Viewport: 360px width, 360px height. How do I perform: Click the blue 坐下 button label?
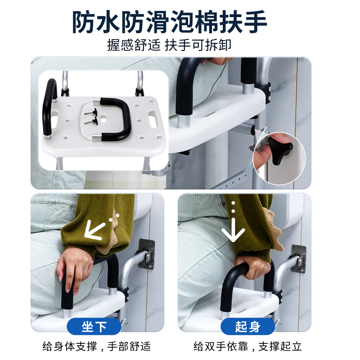(x=94, y=326)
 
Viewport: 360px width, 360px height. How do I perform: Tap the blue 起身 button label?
(x=247, y=326)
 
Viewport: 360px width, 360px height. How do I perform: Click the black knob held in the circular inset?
(x=280, y=150)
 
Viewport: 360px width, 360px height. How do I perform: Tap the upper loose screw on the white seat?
(x=91, y=113)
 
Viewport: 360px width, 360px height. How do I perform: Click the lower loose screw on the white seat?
(x=91, y=121)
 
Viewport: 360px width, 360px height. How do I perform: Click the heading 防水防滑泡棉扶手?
(x=170, y=22)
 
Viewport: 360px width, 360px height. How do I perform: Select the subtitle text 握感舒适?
(x=134, y=45)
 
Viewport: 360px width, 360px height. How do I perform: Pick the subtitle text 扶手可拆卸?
(x=198, y=45)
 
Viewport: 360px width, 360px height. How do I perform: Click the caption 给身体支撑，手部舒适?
(x=97, y=346)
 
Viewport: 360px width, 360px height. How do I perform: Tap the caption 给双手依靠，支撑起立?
(x=247, y=346)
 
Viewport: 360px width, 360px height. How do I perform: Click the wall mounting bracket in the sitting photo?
(x=147, y=254)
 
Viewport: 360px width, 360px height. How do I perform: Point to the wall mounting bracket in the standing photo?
(x=299, y=259)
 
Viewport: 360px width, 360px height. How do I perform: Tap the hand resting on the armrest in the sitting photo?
(x=72, y=269)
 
